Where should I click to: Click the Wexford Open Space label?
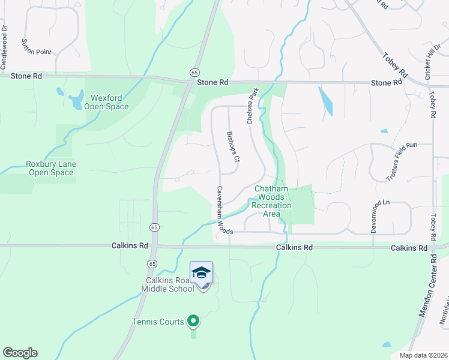pyautogui.click(x=109, y=103)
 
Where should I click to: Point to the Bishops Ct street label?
pyautogui.click(x=233, y=147)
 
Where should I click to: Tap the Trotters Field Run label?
pyautogui.click(x=402, y=163)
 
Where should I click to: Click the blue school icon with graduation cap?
pyautogui.click(x=202, y=272)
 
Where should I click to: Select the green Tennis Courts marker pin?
pyautogui.click(x=193, y=322)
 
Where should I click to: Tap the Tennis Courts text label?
pyautogui.click(x=158, y=322)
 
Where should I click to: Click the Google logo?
pyautogui.click(x=20, y=353)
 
